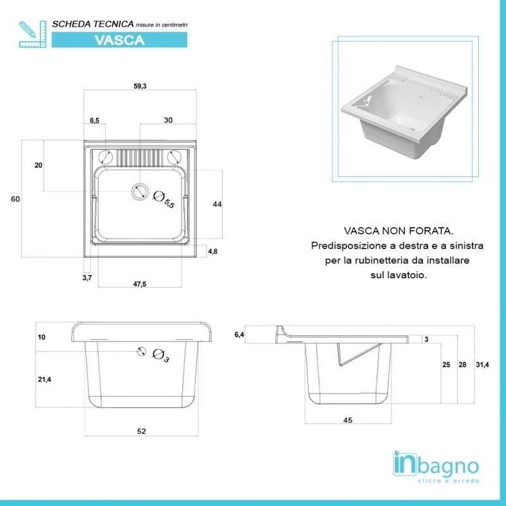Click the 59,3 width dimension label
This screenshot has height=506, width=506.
click(x=140, y=86)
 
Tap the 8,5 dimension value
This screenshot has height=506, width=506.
click(x=94, y=121)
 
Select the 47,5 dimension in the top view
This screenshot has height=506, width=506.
click(x=140, y=284)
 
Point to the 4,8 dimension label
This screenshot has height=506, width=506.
click(x=213, y=251)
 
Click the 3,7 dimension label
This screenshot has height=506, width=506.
click(x=87, y=278)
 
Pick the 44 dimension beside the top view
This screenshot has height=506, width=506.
click(x=217, y=204)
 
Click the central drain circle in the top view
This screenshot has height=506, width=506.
click(x=140, y=192)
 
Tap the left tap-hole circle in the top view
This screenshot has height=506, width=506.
click(x=105, y=157)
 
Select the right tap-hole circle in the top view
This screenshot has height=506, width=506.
click(x=175, y=157)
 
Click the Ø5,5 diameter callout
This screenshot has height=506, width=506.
click(x=164, y=200)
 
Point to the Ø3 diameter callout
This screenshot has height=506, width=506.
click(x=161, y=355)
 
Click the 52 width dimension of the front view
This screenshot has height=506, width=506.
click(x=141, y=431)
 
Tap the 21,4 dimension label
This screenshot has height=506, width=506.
click(x=44, y=379)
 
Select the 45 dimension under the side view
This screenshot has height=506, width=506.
click(x=348, y=420)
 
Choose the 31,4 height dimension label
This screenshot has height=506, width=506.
click(x=483, y=365)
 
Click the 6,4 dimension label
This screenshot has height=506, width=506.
click(x=240, y=335)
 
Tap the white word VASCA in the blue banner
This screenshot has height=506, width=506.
click(x=120, y=40)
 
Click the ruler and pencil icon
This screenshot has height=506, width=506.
click(x=33, y=34)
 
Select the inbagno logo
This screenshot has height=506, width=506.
click(x=436, y=467)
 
